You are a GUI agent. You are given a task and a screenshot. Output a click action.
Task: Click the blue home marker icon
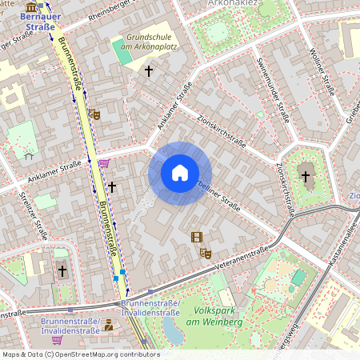pyautogui.click(x=180, y=173)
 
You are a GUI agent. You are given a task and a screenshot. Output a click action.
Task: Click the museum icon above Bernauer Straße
pyautogui.click(x=31, y=6)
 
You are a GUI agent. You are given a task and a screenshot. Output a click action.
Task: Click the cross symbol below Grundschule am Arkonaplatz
pyautogui.click(x=148, y=71)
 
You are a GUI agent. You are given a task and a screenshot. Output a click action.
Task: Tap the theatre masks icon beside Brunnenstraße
pyautogui.click(x=95, y=114)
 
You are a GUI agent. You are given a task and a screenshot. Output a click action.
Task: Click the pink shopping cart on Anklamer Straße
pyautogui.click(x=104, y=163)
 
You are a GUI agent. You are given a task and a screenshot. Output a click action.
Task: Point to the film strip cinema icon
pyautogui.click(x=197, y=236)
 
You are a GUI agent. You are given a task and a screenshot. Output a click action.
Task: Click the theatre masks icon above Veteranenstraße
pyautogui.click(x=205, y=253)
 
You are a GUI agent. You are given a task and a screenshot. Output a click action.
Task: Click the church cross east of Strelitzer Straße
pyautogui.click(x=62, y=271)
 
